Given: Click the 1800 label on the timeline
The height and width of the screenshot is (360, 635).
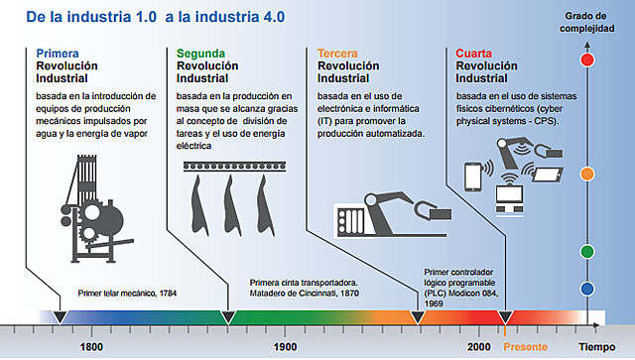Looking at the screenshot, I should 90,347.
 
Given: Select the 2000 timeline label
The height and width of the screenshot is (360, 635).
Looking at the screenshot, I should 479,347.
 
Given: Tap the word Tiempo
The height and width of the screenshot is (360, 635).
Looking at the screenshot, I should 598,347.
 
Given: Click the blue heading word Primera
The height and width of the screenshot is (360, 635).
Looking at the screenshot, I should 58,53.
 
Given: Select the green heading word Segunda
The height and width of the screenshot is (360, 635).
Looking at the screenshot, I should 200,53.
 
